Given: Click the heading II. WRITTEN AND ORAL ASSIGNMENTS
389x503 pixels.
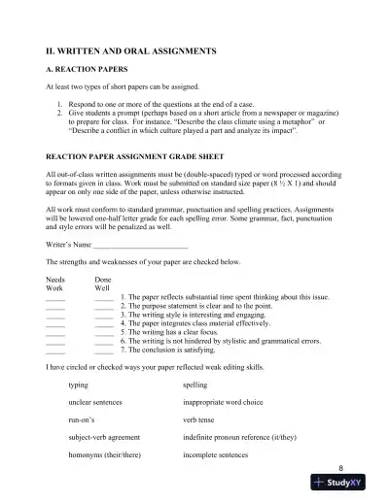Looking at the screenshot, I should [131, 48].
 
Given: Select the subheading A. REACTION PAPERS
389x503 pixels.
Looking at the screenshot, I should [89, 70].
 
